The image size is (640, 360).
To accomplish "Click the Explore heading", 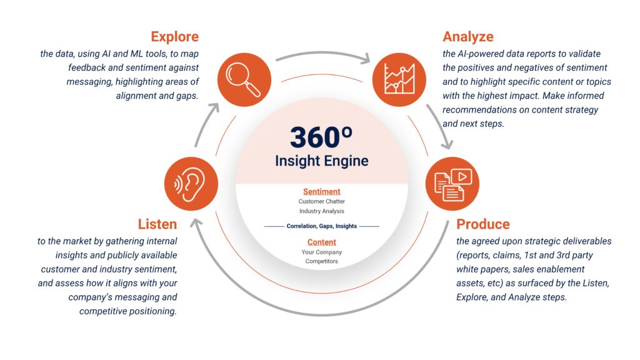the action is [175, 37].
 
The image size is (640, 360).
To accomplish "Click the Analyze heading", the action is [467, 37].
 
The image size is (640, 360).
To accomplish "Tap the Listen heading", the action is [157, 224].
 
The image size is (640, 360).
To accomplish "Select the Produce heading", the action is [483, 224].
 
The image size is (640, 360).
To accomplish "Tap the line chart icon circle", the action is [399, 79].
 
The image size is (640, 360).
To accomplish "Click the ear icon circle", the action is [191, 184].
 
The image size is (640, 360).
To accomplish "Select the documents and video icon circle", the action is [452, 184].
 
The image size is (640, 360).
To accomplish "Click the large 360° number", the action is [321, 137].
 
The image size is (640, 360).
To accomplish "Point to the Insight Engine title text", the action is [322, 161].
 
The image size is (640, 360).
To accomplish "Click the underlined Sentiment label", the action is [322, 191].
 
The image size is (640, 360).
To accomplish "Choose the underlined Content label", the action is [322, 242].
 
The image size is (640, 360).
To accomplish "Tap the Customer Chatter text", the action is [322, 201].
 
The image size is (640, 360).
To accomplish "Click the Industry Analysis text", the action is [322, 211].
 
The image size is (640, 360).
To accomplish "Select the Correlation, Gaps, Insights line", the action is [322, 226].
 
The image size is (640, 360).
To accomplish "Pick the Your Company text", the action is [322, 252].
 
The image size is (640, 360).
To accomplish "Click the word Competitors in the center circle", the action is [322, 261].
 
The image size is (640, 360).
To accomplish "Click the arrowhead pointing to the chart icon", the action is [364, 58].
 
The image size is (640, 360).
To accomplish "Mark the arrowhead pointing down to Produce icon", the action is [447, 144].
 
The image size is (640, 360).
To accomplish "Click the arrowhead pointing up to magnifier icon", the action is [213, 108].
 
